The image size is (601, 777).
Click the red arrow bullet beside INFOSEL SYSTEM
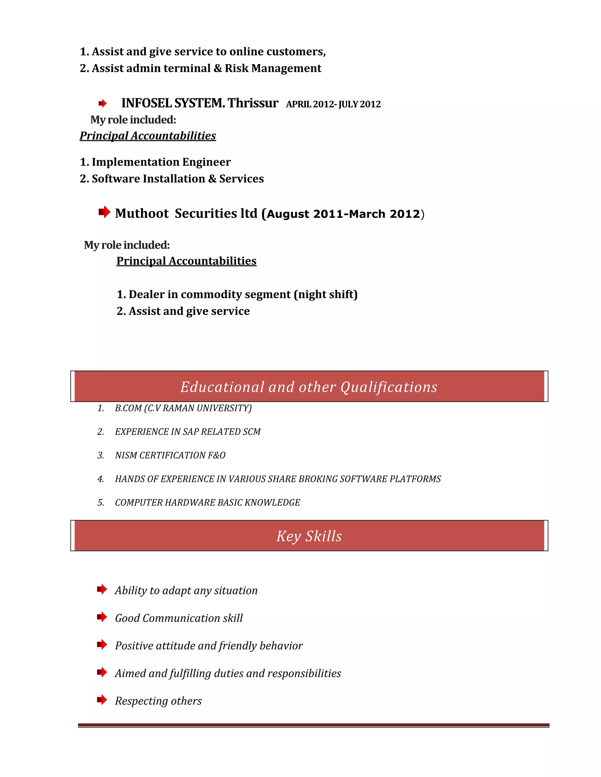click(x=102, y=104)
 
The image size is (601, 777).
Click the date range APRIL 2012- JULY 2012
click(x=333, y=104)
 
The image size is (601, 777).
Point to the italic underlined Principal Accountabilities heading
click(x=148, y=136)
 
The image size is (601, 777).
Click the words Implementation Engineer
click(x=161, y=162)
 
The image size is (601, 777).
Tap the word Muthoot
click(x=142, y=213)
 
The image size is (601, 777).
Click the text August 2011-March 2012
click(x=344, y=214)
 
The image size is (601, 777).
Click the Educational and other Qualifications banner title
click(x=309, y=387)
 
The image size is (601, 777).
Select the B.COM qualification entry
click(x=183, y=408)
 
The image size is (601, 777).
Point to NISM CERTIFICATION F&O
click(x=170, y=455)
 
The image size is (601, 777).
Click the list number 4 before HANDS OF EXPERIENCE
click(x=101, y=479)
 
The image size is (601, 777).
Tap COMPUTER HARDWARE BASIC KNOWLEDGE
click(x=207, y=503)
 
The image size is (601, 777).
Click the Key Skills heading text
click(x=309, y=536)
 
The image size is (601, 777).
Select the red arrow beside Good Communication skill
click(x=102, y=617)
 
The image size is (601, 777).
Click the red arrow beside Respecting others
click(x=102, y=700)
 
